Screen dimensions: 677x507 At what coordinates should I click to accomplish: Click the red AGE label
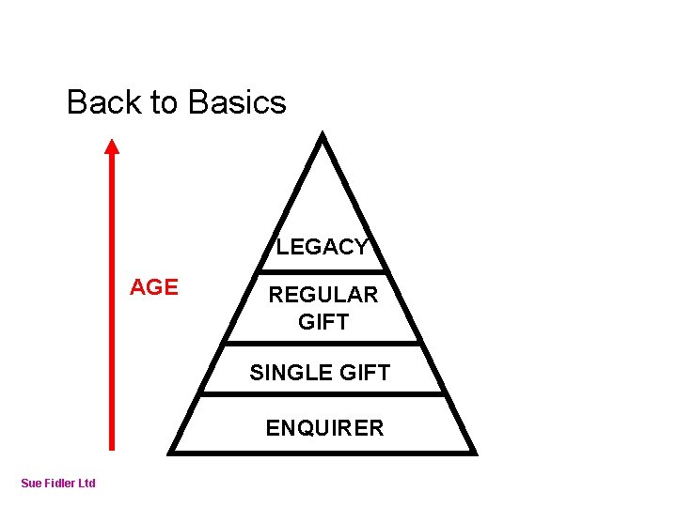click(153, 287)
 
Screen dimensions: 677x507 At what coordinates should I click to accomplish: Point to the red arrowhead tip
click(112, 141)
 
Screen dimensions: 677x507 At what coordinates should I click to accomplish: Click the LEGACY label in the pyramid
click(322, 247)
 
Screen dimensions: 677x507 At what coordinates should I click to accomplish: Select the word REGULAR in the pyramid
click(323, 295)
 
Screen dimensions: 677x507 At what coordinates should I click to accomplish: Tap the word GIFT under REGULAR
click(323, 322)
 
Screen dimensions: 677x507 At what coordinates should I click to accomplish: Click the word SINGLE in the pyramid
click(285, 373)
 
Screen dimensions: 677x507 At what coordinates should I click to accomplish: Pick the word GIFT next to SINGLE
click(362, 373)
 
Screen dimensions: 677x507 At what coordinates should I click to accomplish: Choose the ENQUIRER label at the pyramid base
click(324, 428)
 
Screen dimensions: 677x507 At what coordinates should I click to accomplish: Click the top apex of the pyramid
click(323, 135)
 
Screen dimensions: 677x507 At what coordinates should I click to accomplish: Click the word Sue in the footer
click(31, 484)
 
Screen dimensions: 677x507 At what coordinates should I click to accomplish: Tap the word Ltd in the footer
click(86, 484)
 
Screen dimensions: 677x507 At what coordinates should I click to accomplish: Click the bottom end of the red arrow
click(112, 451)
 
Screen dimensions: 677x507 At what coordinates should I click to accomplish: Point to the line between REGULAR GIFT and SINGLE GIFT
click(323, 343)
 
